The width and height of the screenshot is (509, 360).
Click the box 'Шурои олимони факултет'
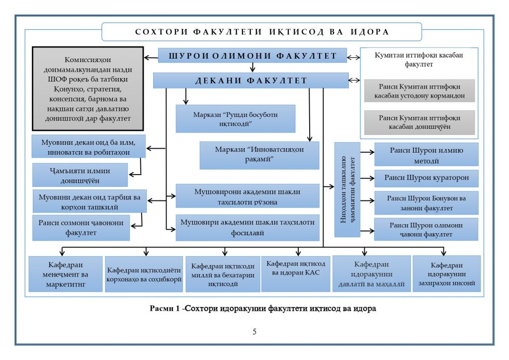(253, 56)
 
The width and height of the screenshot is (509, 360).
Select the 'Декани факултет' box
(251, 81)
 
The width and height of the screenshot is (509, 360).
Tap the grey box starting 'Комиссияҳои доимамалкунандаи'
(87, 88)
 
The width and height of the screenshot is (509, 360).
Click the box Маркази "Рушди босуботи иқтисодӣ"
(236, 118)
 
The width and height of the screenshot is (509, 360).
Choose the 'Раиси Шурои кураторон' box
(426, 178)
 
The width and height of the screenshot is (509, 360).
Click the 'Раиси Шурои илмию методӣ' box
(426, 155)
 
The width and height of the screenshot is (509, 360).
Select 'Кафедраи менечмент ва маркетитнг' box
(66, 274)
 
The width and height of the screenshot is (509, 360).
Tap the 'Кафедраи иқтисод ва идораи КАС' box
(296, 273)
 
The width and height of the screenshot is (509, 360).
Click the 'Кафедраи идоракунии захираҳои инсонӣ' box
(447, 274)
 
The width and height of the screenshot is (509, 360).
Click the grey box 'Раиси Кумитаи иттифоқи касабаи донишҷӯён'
(420, 123)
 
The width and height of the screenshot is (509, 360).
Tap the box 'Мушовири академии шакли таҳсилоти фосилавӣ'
(248, 227)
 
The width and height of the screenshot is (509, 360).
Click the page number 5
(254, 332)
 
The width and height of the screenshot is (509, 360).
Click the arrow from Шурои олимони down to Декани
(253, 68)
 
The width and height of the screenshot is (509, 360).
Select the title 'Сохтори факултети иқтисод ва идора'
(261, 32)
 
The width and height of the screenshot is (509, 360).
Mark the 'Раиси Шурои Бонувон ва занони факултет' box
(426, 203)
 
